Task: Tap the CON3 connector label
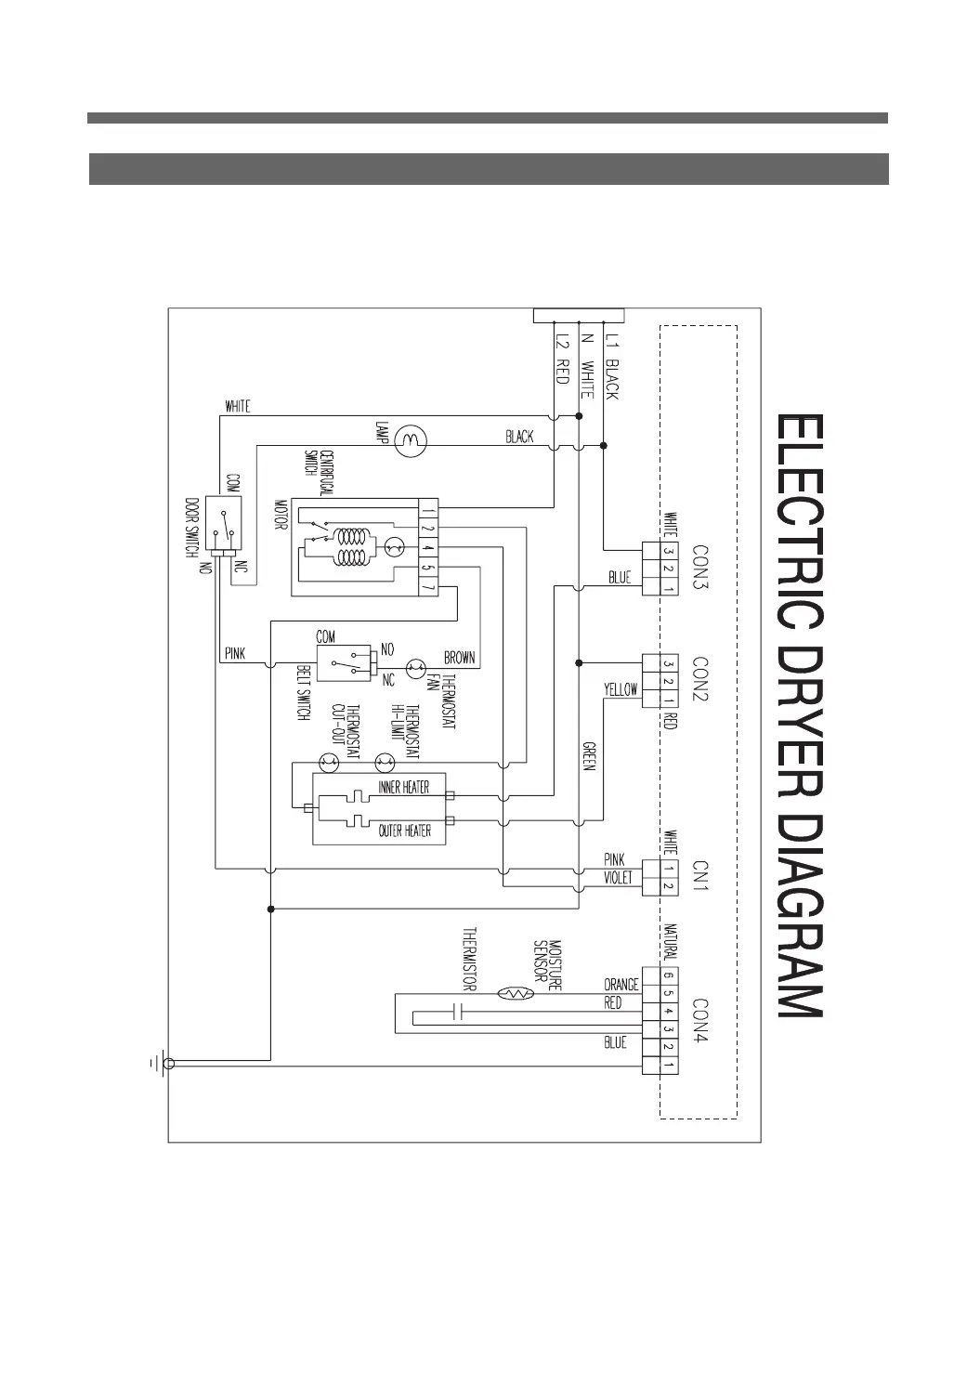700,564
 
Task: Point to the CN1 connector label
700,875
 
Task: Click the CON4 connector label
700,1021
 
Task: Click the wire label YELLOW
621,689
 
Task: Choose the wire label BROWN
460,658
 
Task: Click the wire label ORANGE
621,984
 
